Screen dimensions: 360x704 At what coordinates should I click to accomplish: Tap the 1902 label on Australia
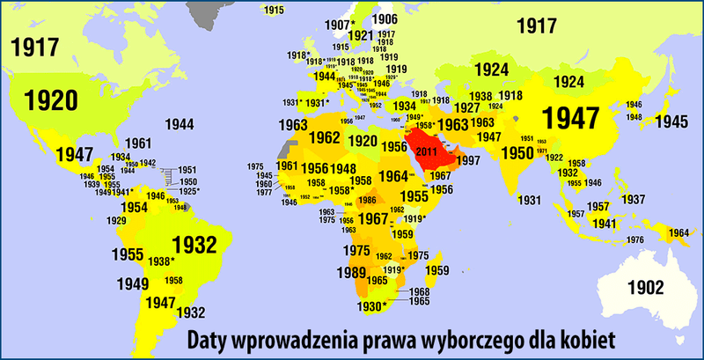(645, 286)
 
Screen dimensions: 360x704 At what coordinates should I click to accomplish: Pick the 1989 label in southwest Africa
(351, 274)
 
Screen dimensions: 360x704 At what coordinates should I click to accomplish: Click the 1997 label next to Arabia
(469, 160)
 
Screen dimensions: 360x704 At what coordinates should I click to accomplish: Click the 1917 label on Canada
(36, 45)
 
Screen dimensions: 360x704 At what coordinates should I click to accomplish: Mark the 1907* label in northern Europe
(340, 24)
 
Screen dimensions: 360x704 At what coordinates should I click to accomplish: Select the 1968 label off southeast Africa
(420, 291)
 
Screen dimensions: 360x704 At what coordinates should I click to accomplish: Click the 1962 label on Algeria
(324, 138)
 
